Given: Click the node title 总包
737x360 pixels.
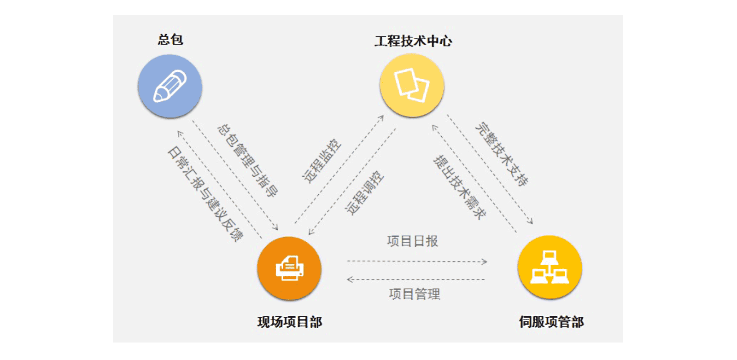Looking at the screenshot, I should point(170,40).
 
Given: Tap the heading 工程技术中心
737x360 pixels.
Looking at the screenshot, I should point(413,41).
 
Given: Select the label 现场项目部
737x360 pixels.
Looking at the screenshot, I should point(289,322).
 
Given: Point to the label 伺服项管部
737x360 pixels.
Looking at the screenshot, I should point(551,322).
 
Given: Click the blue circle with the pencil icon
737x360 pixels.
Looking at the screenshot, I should point(170,86).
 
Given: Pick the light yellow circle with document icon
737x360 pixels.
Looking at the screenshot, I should point(411,85).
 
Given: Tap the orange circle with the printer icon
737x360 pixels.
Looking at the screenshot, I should point(289,268).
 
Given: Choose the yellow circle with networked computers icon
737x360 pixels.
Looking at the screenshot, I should point(550,267).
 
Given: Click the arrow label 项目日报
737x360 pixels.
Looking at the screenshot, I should point(412,241).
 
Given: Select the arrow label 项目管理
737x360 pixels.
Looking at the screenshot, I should point(414,294).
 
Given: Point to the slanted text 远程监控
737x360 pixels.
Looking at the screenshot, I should point(322,161).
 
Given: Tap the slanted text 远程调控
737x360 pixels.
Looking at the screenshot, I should point(364,193).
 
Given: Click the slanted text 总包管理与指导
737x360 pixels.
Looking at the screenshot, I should point(247,161).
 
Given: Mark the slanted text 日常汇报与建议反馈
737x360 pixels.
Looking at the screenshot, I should point(205,194).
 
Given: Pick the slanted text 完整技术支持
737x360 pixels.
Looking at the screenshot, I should point(502,154).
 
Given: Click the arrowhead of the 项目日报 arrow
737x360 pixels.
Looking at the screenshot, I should point(485,261).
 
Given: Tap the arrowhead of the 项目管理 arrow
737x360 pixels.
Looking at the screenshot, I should point(350,279).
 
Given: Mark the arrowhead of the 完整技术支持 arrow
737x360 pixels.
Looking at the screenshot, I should point(531,222).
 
